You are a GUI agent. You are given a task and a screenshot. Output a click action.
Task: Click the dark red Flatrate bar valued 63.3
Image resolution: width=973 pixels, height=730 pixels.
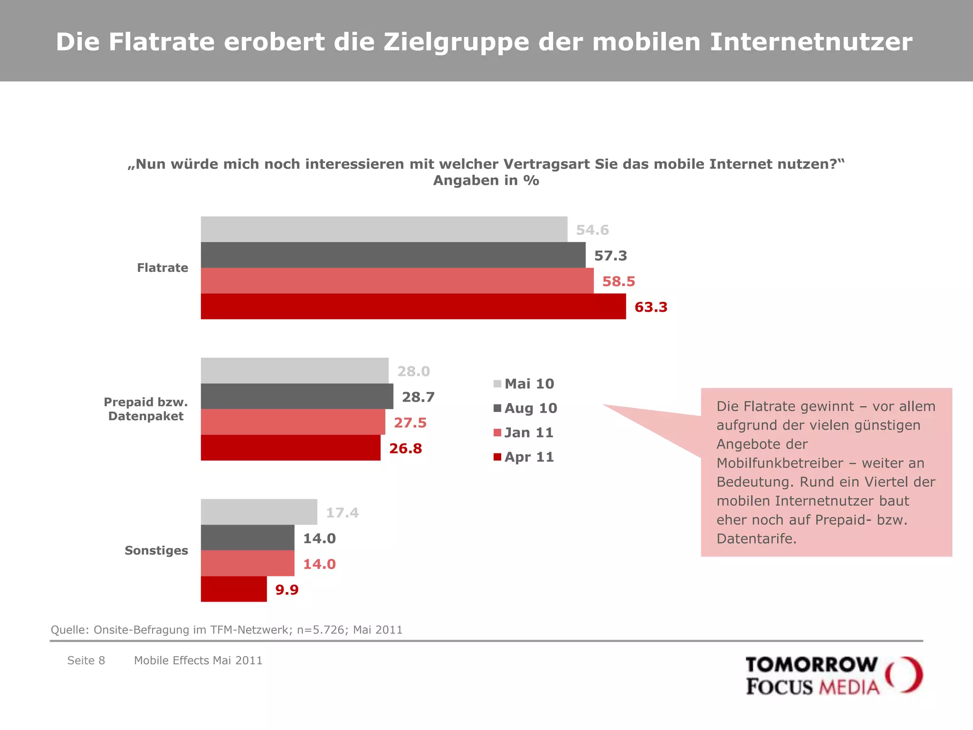click(x=413, y=307)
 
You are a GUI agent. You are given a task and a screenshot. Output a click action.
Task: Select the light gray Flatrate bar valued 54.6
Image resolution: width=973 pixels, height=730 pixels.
click(x=384, y=230)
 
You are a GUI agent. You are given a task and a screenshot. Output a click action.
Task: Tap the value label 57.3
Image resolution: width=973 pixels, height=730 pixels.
click(x=611, y=256)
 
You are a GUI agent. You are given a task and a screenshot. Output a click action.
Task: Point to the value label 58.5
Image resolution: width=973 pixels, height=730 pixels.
click(x=618, y=281)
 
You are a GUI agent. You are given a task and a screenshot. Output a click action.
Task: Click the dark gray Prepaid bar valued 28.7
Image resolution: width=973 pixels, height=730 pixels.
click(x=297, y=396)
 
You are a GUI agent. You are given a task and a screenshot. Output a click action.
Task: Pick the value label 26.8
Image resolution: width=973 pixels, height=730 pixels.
click(x=405, y=448)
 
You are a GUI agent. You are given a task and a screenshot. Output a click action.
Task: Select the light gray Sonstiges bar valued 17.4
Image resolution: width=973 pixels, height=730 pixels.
click(x=259, y=512)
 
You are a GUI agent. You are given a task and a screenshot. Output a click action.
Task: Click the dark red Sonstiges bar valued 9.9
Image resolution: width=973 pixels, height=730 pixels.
click(x=234, y=589)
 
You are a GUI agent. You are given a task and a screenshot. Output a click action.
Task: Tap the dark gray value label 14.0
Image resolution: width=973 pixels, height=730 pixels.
click(x=319, y=538)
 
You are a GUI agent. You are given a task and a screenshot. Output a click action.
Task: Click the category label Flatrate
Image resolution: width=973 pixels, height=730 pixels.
click(x=162, y=268)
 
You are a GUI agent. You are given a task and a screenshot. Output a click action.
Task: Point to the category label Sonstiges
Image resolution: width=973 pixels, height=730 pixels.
click(x=156, y=550)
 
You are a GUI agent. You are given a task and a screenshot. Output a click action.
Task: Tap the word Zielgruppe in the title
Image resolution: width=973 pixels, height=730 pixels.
click(x=456, y=42)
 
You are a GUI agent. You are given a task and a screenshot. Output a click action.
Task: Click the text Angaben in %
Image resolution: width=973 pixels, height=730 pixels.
click(x=486, y=181)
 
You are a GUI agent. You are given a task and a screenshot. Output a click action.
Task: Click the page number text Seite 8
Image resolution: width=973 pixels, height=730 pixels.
click(x=86, y=660)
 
